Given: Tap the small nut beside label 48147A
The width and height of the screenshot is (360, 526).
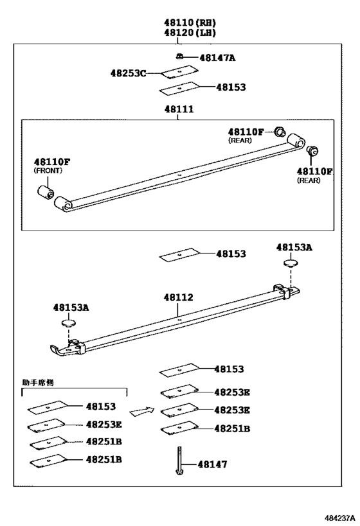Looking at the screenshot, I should coord(182,57).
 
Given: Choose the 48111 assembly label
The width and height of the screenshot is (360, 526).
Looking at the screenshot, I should coord(180,110).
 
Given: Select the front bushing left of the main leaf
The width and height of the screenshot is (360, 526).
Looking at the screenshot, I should coord(45,191).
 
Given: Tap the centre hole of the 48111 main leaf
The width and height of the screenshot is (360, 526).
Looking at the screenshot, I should coord(180,173).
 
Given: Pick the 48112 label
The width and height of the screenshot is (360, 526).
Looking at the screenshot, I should coord(178,297).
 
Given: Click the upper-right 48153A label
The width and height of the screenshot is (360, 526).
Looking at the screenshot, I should coord(294,247).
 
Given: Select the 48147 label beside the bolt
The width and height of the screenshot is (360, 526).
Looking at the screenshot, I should coord(213,464).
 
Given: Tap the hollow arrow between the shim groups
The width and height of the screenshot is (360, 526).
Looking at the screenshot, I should coord(142,410).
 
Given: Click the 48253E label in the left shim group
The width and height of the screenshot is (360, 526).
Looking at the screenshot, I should coord(104,424).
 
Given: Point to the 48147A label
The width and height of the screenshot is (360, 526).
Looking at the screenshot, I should coord(217,58).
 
